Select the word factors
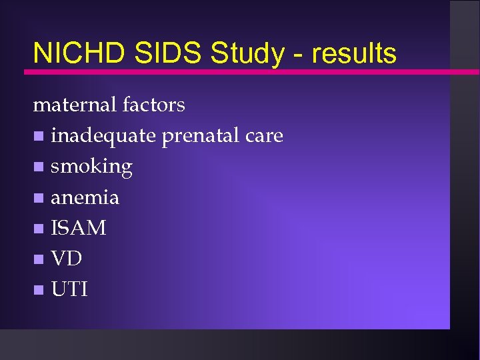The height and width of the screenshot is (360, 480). point(154,105)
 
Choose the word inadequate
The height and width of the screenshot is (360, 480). point(103,136)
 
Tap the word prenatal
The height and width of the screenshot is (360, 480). point(200,136)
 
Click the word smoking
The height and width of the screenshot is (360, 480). point(91,167)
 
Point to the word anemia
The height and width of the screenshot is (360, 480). point(85,197)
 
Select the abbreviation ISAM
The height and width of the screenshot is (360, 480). point(79,228)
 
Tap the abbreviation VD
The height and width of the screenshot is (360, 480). point(66,259)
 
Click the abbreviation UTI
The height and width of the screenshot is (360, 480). point(69,289)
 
